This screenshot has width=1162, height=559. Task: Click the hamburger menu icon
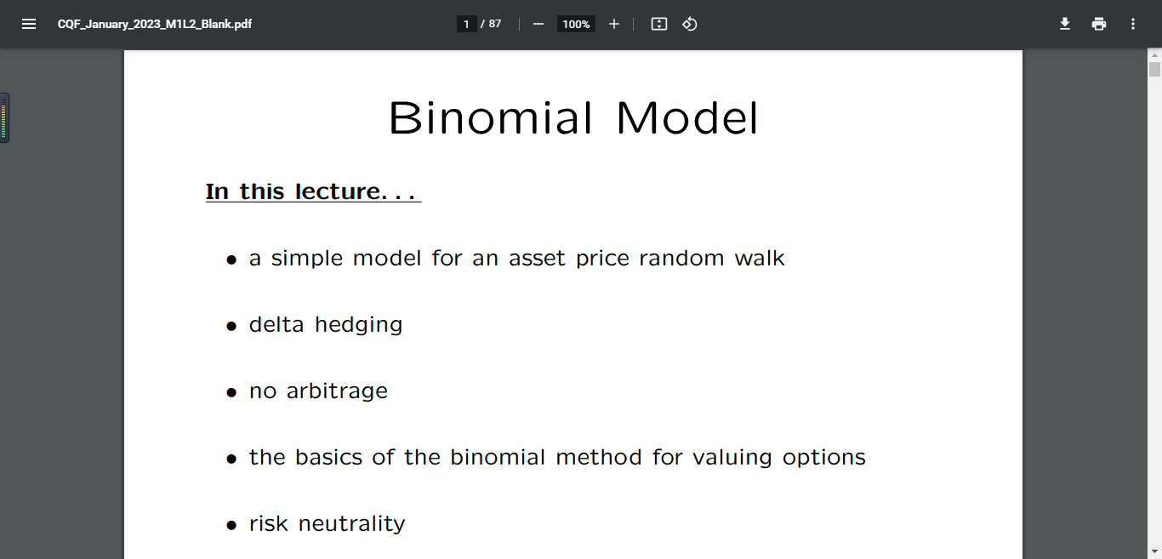29,24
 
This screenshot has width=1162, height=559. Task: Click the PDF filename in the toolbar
155,25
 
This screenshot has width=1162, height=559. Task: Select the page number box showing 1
466,24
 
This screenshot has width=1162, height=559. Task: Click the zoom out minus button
538,24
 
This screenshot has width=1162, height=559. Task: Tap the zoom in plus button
613,24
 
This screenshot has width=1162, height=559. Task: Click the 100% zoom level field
576,24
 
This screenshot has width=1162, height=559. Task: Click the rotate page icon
689,24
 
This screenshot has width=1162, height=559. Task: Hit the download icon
1064,24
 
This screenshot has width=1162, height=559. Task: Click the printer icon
1099,24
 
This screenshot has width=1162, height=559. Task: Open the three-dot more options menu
1133,24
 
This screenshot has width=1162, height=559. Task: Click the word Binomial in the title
490,117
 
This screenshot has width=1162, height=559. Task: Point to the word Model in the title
687,117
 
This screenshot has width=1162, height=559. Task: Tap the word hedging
358,325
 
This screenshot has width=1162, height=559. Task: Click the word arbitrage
337,391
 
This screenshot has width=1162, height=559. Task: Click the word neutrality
351,523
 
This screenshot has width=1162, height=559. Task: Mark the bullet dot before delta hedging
231,326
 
